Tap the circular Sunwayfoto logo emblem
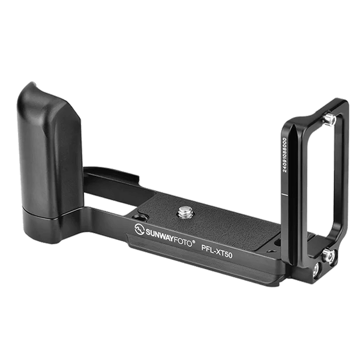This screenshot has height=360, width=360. point(139,229)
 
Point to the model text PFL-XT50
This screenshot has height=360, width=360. point(217,251)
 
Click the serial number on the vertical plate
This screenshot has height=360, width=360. point(284,155)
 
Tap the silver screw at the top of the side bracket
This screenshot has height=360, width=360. point(329,120)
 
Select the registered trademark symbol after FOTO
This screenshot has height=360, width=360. point(194,241)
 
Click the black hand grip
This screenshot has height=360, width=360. point(49,149)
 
